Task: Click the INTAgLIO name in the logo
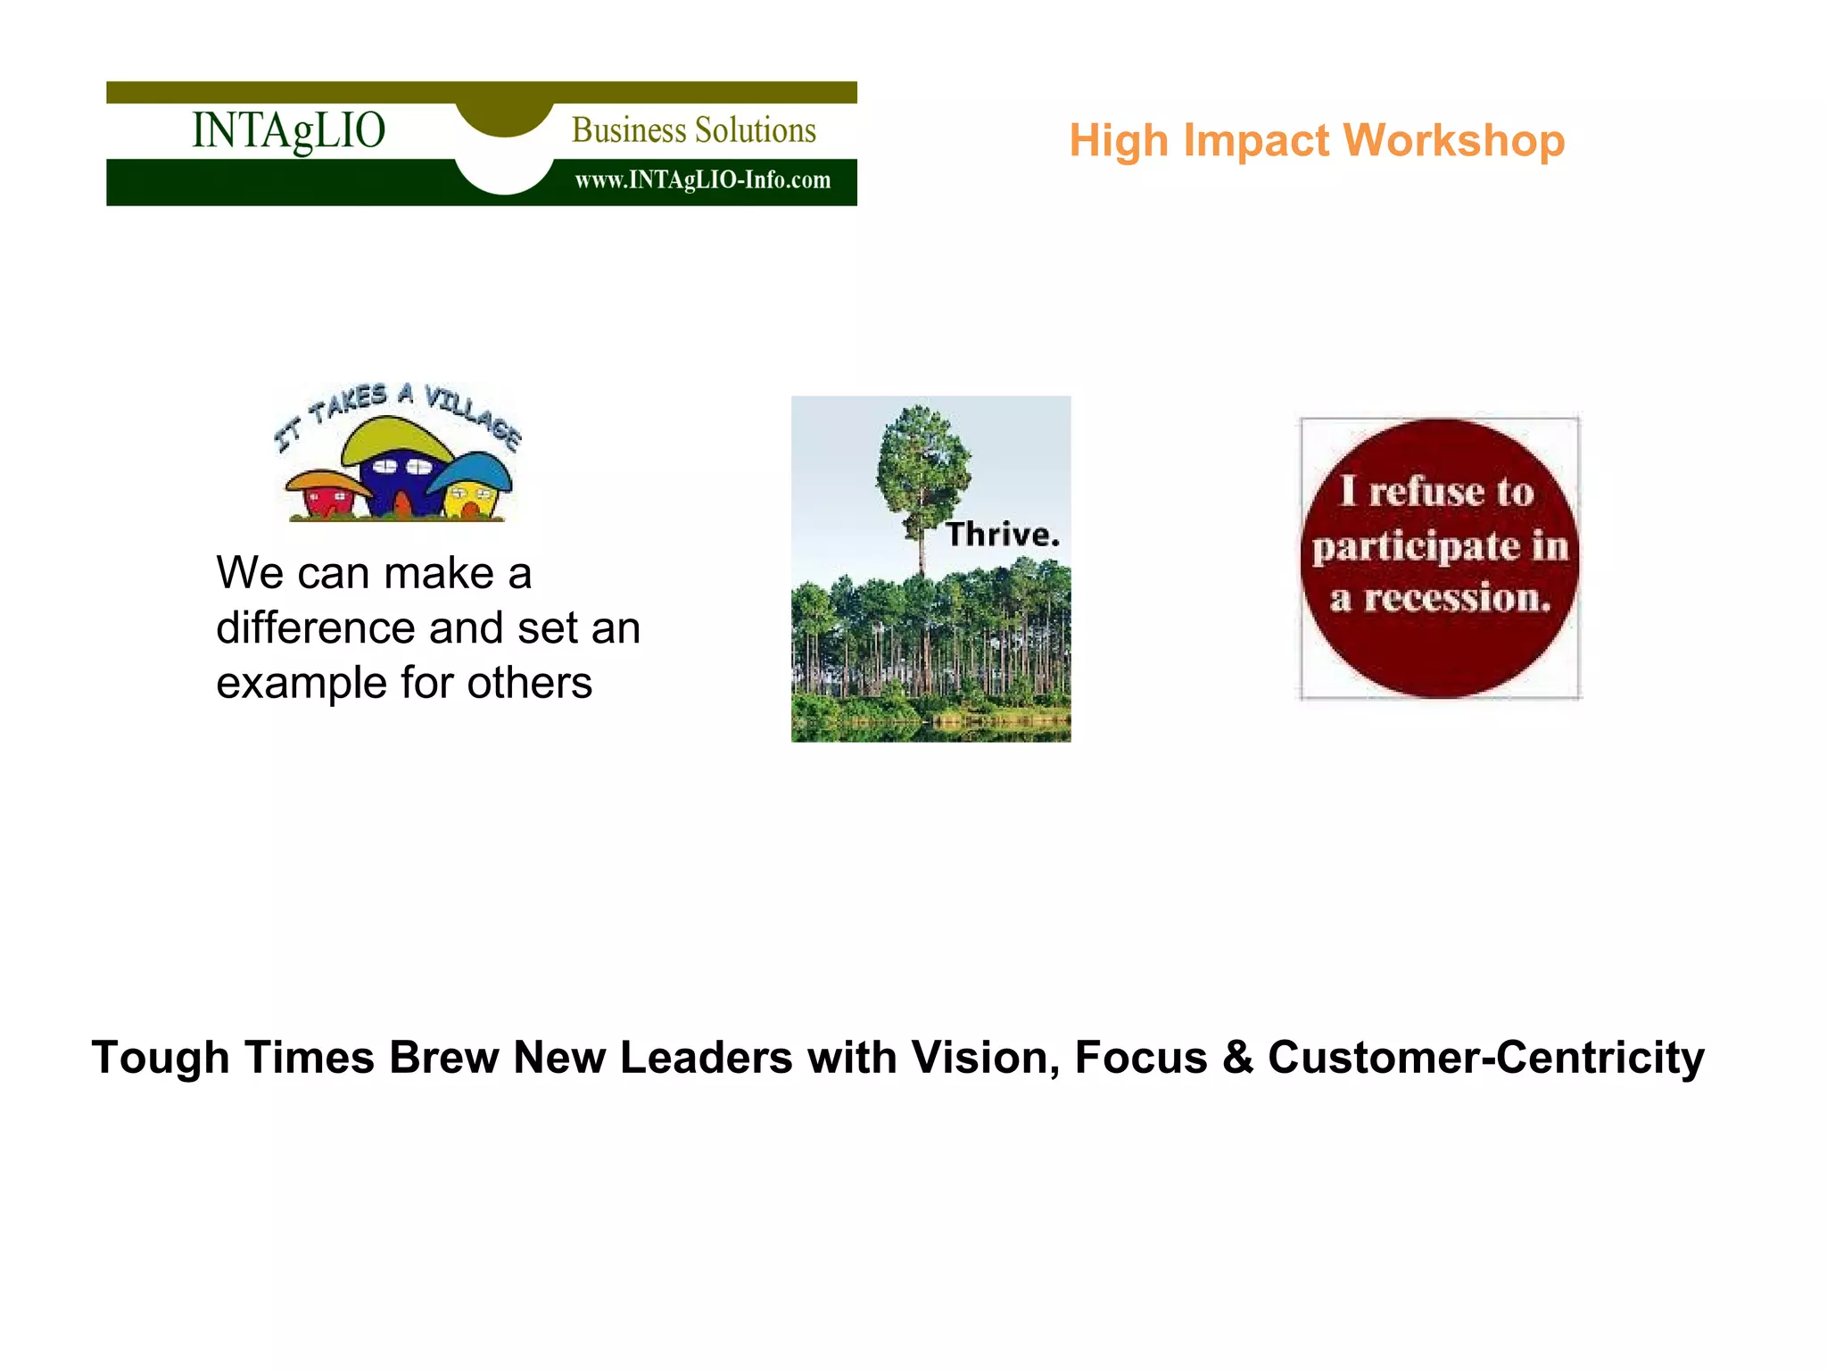coord(288,130)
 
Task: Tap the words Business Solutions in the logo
coord(693,130)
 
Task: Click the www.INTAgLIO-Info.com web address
coord(702,180)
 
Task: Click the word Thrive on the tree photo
coord(1002,534)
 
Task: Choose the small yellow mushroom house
coord(470,493)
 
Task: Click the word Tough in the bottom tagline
coord(161,1059)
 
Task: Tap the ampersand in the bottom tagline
coord(1237,1057)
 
